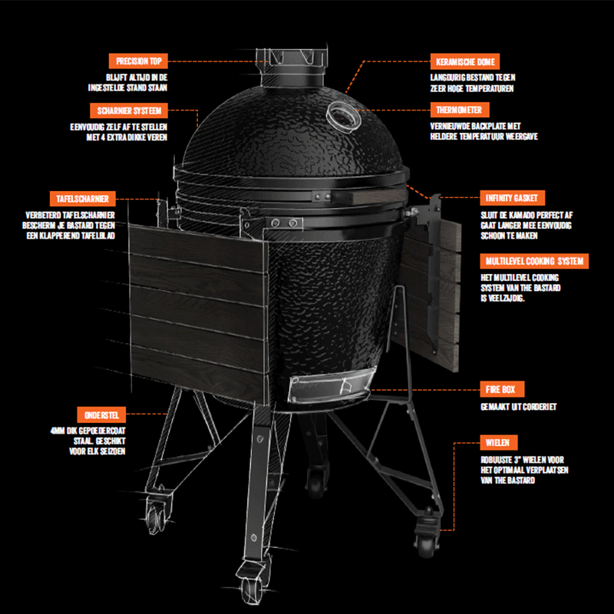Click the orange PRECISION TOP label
tap(138, 61)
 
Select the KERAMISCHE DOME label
tap(465, 61)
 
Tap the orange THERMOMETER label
tap(459, 110)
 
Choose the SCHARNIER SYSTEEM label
tap(129, 111)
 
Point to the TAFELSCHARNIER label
tap(83, 199)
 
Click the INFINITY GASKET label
tap(512, 198)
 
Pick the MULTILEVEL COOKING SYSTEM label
tap(534, 261)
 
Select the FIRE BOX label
tap(502, 389)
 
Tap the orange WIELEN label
tap(498, 443)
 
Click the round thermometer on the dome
tap(343, 117)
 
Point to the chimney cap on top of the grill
tap(292, 67)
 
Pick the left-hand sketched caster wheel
tap(157, 514)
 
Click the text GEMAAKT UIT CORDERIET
tap(519, 407)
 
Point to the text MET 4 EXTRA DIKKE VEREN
tap(127, 137)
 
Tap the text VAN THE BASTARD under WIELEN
tap(507, 480)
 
